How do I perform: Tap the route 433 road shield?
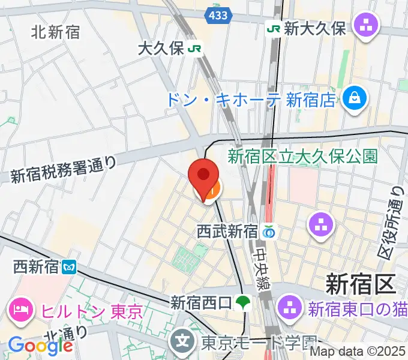tap(217, 16)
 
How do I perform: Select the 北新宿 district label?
tap(55, 32)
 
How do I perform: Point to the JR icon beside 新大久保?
tap(274, 28)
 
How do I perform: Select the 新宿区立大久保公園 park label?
tap(302, 157)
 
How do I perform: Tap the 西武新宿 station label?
tap(227, 230)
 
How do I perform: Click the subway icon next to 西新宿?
tap(69, 265)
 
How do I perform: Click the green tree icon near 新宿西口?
tap(243, 302)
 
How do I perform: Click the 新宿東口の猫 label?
tap(358, 310)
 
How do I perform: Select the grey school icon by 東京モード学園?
tap(182, 342)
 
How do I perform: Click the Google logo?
tap(40, 346)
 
